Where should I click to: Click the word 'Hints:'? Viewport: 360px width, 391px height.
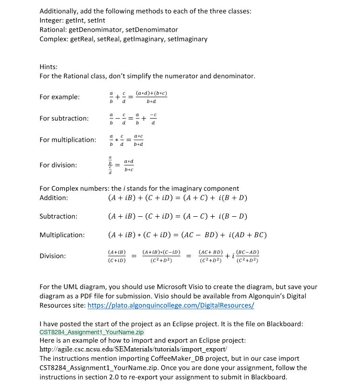[49, 67]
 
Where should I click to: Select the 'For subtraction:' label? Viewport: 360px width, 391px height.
[64, 118]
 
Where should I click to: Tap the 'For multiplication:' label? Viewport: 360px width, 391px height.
[68, 140]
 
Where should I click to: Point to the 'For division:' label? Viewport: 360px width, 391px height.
[58, 165]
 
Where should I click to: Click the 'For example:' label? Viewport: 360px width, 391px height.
[59, 97]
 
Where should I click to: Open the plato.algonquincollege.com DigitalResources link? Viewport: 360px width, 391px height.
[171, 306]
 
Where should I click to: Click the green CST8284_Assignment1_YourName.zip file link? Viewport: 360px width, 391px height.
[92, 332]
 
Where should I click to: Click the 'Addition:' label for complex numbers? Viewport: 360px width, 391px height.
[53, 198]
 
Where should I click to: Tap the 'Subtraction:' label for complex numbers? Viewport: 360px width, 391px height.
[58, 216]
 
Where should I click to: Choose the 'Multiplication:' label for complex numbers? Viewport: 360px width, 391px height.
[62, 235]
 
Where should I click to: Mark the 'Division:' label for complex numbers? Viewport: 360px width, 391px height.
[53, 256]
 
